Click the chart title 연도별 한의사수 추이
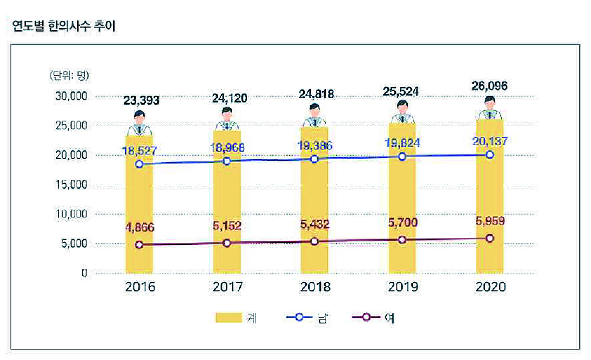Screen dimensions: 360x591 point(64,27)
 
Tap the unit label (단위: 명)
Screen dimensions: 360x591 point(69,76)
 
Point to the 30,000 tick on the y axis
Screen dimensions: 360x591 point(71,96)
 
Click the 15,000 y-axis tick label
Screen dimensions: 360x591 point(71,185)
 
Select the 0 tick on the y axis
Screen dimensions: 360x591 point(85,273)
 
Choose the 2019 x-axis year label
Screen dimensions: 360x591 point(402,287)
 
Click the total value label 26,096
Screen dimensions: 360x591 point(489,86)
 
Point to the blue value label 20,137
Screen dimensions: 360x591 point(489,142)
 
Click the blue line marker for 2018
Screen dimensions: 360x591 point(314,159)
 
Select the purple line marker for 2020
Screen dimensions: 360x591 point(489,238)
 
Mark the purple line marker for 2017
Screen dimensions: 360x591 point(227,243)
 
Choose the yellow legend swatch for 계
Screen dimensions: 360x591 point(229,318)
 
